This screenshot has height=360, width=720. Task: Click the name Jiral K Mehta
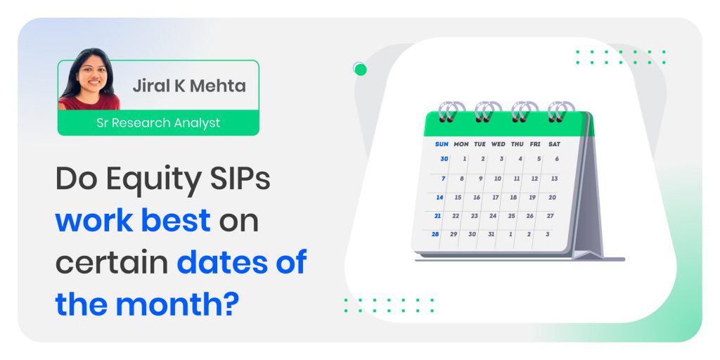click(x=189, y=86)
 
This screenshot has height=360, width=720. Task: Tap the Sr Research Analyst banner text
click(x=158, y=123)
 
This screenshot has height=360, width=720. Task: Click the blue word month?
click(x=177, y=304)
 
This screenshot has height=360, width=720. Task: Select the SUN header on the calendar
click(x=442, y=144)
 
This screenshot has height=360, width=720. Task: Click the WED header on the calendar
click(x=499, y=144)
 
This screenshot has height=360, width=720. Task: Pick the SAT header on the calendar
click(x=554, y=144)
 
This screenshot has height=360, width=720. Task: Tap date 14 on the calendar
click(x=440, y=198)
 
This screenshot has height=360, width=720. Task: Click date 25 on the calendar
click(x=512, y=216)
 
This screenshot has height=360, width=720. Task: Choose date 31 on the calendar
click(x=491, y=234)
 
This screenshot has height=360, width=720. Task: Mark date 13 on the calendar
click(x=554, y=179)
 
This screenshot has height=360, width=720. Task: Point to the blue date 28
click(x=435, y=234)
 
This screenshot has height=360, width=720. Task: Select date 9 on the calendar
click(x=481, y=179)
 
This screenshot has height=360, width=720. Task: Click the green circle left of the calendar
click(x=361, y=70)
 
